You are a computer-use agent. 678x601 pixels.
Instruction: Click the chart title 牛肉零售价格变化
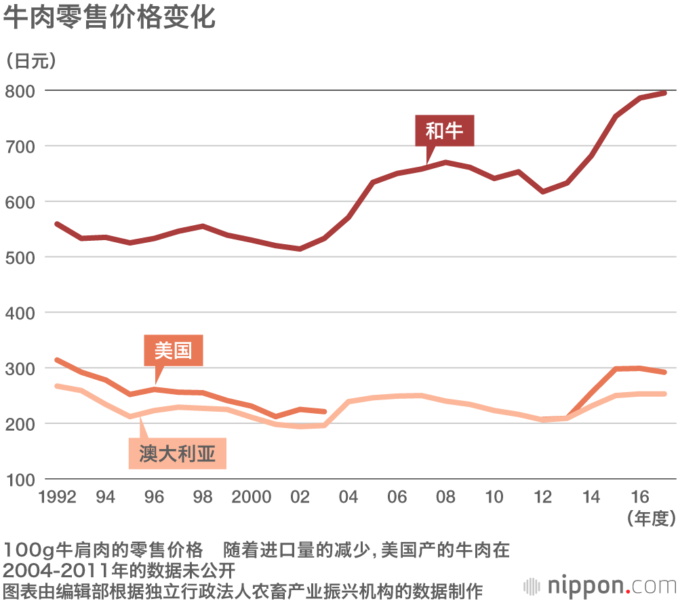click(x=109, y=18)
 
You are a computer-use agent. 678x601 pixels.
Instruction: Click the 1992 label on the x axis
click(x=57, y=497)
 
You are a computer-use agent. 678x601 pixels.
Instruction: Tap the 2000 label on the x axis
click(x=252, y=497)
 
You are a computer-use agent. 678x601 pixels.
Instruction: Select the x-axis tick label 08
click(x=445, y=497)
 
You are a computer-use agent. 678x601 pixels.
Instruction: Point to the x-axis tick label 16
click(x=639, y=497)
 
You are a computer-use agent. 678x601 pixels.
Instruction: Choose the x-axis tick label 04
click(x=348, y=497)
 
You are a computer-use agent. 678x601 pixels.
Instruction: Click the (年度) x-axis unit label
click(x=652, y=519)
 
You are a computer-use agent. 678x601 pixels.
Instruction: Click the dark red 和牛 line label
click(x=444, y=130)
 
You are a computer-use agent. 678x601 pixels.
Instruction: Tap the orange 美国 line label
click(x=173, y=351)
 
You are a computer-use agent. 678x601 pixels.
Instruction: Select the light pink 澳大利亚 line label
click(x=177, y=453)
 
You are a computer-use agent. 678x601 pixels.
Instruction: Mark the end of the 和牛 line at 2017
click(x=664, y=93)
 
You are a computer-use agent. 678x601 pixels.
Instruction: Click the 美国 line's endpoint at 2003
click(x=324, y=411)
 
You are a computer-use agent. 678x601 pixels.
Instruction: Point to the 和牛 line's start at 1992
click(x=57, y=224)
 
